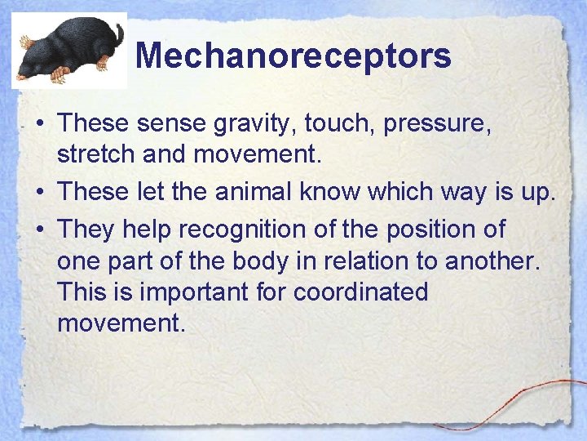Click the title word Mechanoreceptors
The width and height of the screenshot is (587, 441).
tap(293, 56)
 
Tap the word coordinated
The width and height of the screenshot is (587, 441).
tap(361, 292)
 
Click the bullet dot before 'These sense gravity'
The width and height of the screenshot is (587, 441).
tap(39, 124)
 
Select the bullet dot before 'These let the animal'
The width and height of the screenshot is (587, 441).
tap(39, 192)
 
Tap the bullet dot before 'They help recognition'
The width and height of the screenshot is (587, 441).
tap(39, 229)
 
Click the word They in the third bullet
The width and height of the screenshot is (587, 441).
tap(87, 229)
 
